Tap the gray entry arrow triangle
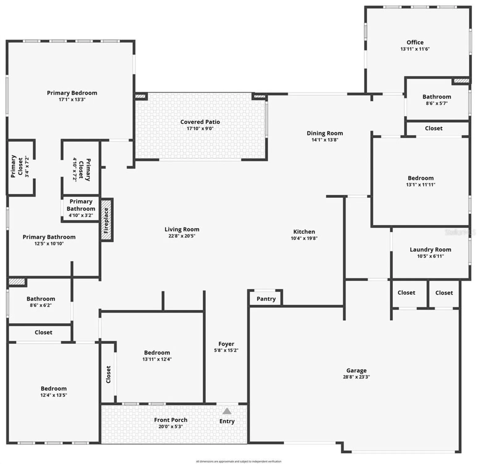point(227,411)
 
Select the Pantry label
point(266,299)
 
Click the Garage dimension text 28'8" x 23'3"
point(356,377)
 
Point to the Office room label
point(415,42)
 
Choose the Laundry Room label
point(430,250)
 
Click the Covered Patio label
point(200,122)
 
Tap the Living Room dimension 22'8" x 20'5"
point(182,236)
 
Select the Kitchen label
point(304,232)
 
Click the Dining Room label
point(325,133)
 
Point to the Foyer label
point(226,344)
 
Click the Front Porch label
point(171,420)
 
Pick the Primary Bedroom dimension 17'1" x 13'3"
point(72,100)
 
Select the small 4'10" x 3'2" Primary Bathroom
point(81,208)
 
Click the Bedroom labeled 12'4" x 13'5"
point(53,391)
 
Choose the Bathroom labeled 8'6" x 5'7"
point(437,100)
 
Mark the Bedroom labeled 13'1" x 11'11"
point(420,181)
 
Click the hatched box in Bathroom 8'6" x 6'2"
point(17,282)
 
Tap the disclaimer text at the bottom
point(238,462)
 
